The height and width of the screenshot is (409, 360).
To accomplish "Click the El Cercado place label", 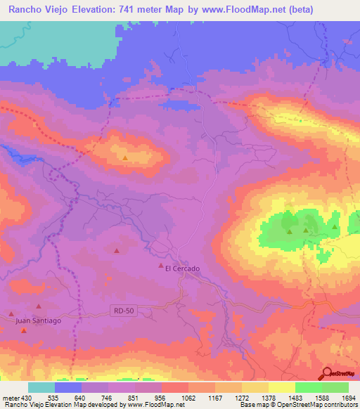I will coord(183,268).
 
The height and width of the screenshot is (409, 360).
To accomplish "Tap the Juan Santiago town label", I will coord(39,320).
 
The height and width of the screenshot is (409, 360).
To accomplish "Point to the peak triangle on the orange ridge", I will coord(125,158).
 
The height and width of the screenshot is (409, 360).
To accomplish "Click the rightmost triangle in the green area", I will coord(335,227).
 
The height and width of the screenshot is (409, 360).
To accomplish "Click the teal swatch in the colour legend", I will coord(41,387).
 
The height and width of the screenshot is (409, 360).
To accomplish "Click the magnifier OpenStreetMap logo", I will coord(327,372).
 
